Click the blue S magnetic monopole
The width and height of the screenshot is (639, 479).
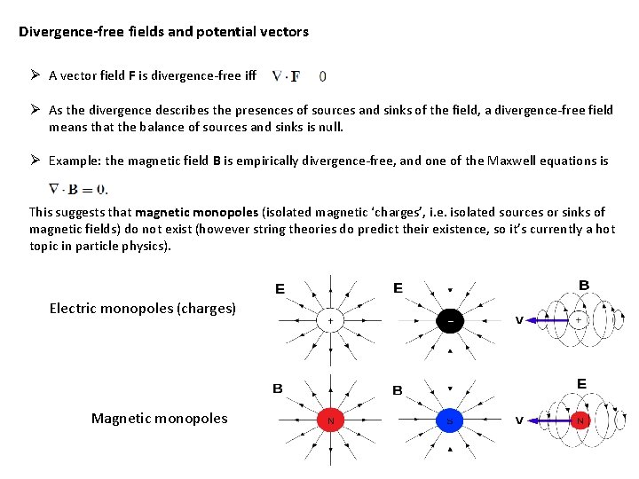(449, 420)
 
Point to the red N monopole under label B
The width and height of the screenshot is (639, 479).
(330, 420)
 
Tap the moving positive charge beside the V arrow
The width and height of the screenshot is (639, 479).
(577, 319)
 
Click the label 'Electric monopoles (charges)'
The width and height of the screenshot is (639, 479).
(142, 309)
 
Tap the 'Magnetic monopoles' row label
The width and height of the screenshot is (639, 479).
(159, 418)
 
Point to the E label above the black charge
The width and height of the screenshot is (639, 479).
(398, 288)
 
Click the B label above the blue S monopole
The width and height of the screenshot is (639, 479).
(398, 390)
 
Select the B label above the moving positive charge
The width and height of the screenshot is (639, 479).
(583, 285)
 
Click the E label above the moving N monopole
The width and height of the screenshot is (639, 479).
(581, 383)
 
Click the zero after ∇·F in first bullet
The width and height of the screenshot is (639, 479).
(322, 76)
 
